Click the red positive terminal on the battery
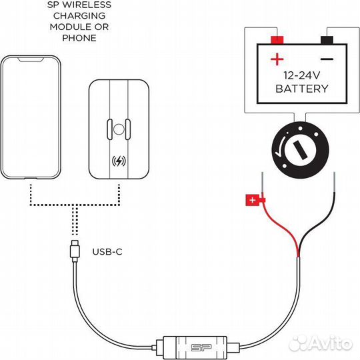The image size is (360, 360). pyautogui.click(x=277, y=39)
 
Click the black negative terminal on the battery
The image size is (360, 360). pyautogui.click(x=327, y=39)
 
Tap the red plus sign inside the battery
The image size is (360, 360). pyautogui.click(x=277, y=59)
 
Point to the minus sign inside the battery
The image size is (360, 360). pyautogui.click(x=327, y=59)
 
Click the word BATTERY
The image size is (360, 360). pyautogui.click(x=302, y=89)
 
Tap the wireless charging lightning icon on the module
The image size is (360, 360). pyautogui.click(x=121, y=161)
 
